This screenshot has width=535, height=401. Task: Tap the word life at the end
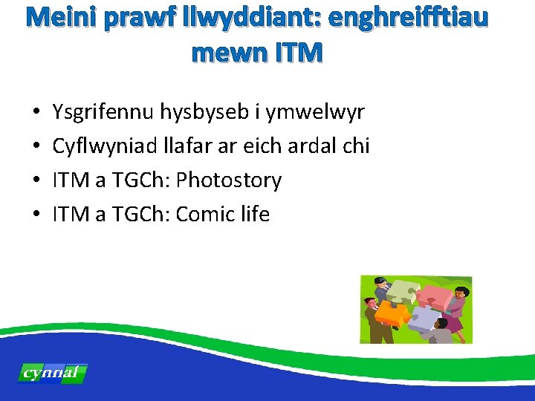pyautogui.click(x=254, y=215)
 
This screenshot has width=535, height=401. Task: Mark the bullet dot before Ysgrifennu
pyautogui.click(x=36, y=114)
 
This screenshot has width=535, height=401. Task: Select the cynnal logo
pyautogui.click(x=52, y=374)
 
